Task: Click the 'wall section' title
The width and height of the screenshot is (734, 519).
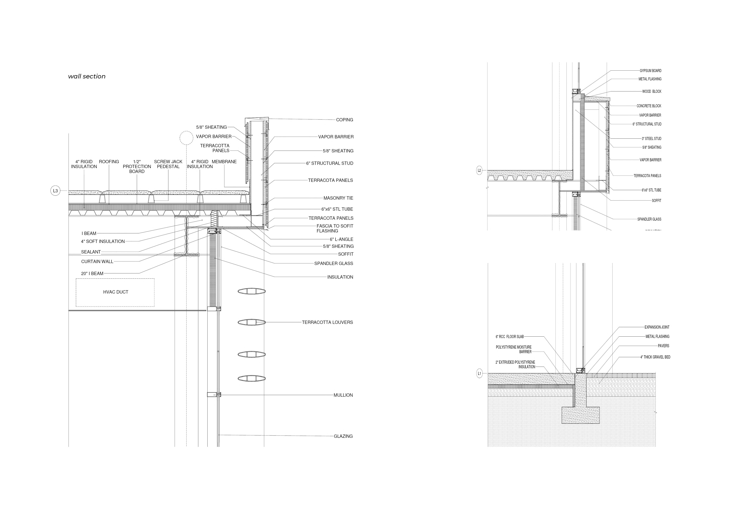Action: click(x=87, y=76)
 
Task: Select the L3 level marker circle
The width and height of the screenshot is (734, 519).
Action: click(x=55, y=191)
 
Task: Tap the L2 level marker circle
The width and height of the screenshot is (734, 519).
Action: click(x=479, y=171)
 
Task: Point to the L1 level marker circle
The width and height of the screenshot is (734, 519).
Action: click(x=479, y=373)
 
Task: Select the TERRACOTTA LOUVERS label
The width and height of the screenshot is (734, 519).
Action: click(x=327, y=323)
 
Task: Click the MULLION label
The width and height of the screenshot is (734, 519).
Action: click(x=343, y=395)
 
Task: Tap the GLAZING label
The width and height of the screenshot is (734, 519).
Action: click(x=343, y=436)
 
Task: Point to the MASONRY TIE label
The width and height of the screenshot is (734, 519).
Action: click(x=338, y=198)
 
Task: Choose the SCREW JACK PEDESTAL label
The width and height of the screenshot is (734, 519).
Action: click(x=168, y=164)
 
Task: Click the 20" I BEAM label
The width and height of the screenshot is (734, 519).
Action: click(x=92, y=274)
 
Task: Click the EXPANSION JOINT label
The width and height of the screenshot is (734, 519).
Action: click(x=657, y=327)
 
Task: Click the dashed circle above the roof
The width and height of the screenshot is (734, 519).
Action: click(x=186, y=138)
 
